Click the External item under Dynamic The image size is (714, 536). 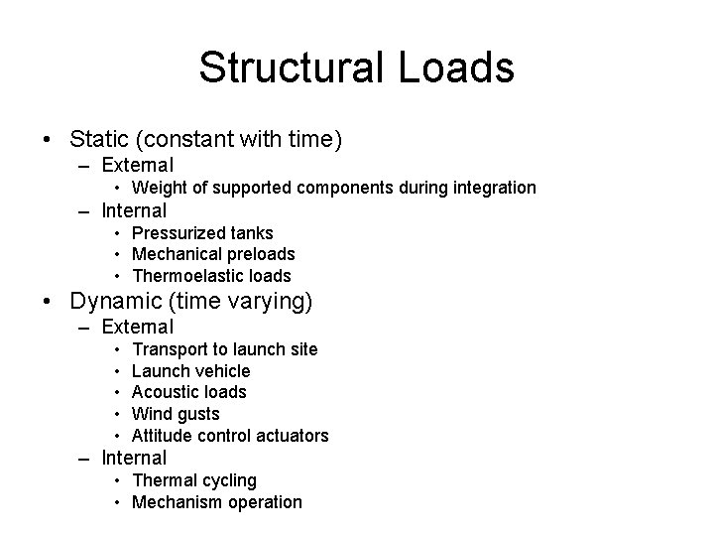pos(138,327)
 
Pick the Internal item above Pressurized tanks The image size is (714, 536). pos(134,210)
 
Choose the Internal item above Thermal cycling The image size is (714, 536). pos(134,458)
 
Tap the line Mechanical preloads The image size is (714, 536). pos(213,254)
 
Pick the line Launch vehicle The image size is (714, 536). pos(190,371)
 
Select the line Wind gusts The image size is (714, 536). pos(176,414)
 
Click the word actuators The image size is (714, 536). pos(292,436)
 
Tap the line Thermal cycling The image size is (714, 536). pos(193,480)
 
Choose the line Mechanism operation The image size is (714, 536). pos(216,502)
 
